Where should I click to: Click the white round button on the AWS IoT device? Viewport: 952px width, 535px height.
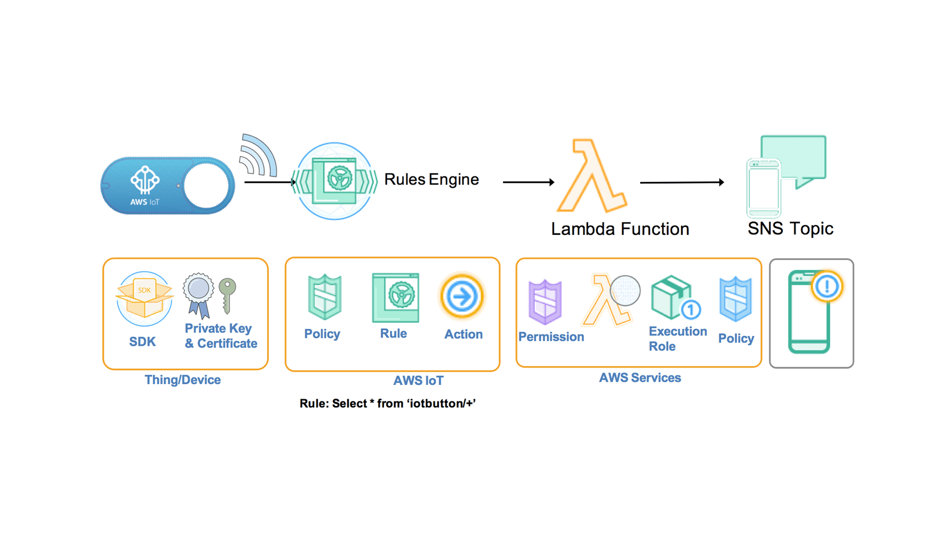[206, 186]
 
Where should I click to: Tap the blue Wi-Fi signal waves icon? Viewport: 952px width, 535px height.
[257, 156]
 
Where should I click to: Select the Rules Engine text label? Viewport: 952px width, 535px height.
[431, 179]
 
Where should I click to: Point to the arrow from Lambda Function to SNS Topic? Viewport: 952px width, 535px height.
[682, 182]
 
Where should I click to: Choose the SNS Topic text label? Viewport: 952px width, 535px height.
[790, 228]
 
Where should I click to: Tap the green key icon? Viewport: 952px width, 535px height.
[228, 295]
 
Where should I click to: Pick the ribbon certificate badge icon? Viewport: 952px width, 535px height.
[198, 295]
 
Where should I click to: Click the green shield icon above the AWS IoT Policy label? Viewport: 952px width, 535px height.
[325, 297]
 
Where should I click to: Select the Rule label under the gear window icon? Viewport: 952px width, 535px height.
[393, 333]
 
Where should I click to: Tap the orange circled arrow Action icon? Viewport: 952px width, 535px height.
[462, 296]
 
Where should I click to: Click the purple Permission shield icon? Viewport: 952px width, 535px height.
[545, 302]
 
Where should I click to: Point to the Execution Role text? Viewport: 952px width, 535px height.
[677, 338]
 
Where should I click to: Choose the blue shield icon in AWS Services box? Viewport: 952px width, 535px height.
[735, 299]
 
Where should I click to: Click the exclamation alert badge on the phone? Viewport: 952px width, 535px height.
[827, 286]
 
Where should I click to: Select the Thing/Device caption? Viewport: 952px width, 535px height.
[182, 380]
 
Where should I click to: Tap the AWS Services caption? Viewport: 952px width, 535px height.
[640, 378]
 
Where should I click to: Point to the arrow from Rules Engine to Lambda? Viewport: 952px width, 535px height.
[529, 182]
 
